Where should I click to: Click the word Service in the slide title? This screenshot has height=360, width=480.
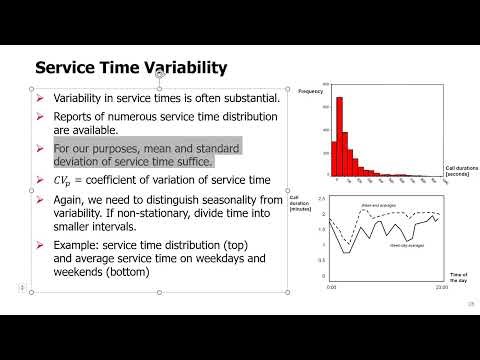tap(66, 68)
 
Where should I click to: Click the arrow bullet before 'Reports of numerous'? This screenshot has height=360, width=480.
tap(40, 116)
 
